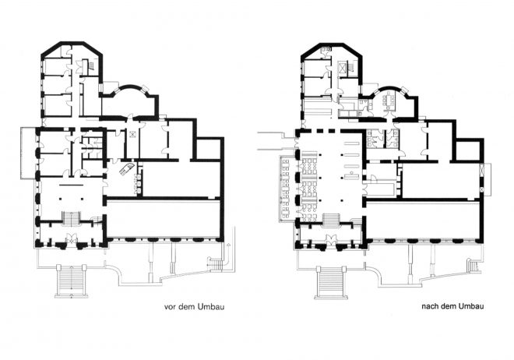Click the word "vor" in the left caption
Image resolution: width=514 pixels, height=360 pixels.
(170, 307)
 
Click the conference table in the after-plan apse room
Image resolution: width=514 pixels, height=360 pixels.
(389, 101)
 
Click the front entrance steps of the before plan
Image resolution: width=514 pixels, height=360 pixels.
(72, 281)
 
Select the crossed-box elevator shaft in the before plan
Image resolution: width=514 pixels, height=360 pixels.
(132, 134)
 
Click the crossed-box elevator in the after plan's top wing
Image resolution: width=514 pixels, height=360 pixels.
(343, 68)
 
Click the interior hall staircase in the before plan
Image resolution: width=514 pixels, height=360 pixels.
(72, 219)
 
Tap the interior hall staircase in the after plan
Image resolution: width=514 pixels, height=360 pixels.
(332, 220)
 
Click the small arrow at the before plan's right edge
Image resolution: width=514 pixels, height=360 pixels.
(228, 245)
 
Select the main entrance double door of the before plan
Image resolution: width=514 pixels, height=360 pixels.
(71, 238)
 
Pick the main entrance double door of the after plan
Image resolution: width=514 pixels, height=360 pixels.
(331, 240)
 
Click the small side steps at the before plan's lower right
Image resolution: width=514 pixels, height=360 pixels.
(215, 263)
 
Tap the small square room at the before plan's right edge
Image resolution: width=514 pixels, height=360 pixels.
(209, 149)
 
